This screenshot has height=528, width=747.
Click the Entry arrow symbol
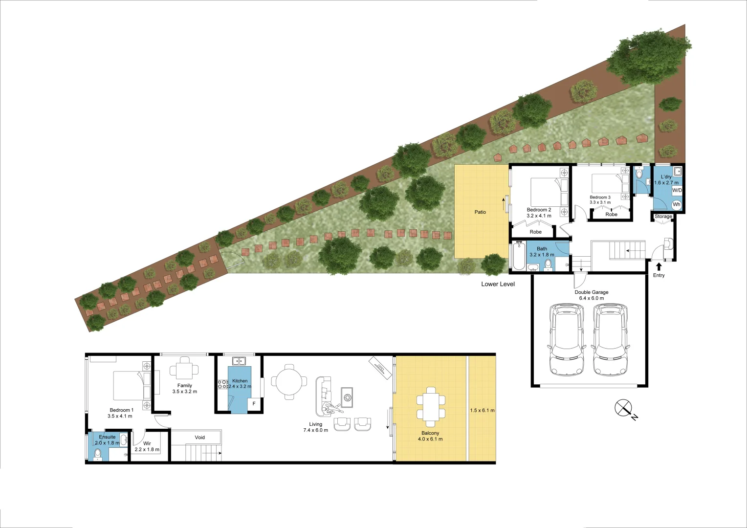(x=659, y=266)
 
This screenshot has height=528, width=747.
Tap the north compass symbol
(x=623, y=408)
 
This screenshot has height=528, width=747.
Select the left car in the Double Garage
(x=567, y=340)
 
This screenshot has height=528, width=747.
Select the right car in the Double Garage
(x=610, y=340)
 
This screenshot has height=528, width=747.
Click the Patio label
(x=480, y=212)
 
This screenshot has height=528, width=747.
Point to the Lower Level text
(x=498, y=284)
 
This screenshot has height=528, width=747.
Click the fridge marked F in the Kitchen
(x=254, y=404)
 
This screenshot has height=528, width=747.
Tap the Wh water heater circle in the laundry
(x=676, y=204)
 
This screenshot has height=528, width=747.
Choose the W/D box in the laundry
(x=677, y=190)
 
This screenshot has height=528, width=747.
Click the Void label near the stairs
(x=199, y=437)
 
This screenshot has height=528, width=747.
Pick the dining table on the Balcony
(x=430, y=407)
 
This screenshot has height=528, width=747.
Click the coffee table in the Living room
(x=347, y=397)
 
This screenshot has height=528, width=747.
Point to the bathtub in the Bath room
(x=518, y=256)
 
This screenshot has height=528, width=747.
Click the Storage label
(x=663, y=216)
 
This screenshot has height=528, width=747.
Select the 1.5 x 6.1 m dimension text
(x=482, y=410)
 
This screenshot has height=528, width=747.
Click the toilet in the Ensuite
(x=98, y=454)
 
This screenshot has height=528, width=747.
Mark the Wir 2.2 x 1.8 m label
(x=147, y=446)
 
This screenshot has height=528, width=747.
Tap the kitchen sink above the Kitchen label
(x=239, y=361)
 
